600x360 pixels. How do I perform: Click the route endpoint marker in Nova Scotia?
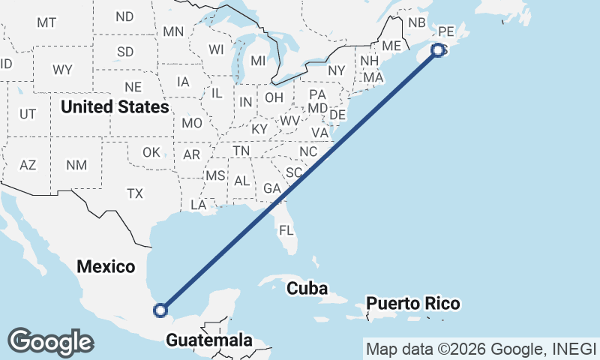(x=438, y=50)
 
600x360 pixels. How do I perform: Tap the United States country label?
(x=115, y=106)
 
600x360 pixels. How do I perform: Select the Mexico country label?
(x=106, y=266)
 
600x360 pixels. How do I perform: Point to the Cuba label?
(x=307, y=288)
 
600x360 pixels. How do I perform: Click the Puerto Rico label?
(x=413, y=304)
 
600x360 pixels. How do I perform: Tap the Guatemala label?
(x=209, y=340)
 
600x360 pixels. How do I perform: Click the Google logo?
(x=50, y=342)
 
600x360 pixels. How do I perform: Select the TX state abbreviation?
(x=134, y=193)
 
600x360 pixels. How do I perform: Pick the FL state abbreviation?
(x=286, y=229)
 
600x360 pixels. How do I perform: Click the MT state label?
(x=46, y=22)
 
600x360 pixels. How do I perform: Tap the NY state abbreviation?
(x=336, y=70)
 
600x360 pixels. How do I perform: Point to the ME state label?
(x=391, y=46)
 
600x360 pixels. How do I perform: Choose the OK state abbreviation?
(x=151, y=152)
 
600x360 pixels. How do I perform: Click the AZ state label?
(x=28, y=165)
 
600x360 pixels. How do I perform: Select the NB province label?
(x=417, y=22)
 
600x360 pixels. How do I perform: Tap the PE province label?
(x=446, y=31)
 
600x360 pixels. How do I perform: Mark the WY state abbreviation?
(x=62, y=70)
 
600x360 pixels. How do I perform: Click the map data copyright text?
(x=481, y=349)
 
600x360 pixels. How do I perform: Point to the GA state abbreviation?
(x=272, y=188)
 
